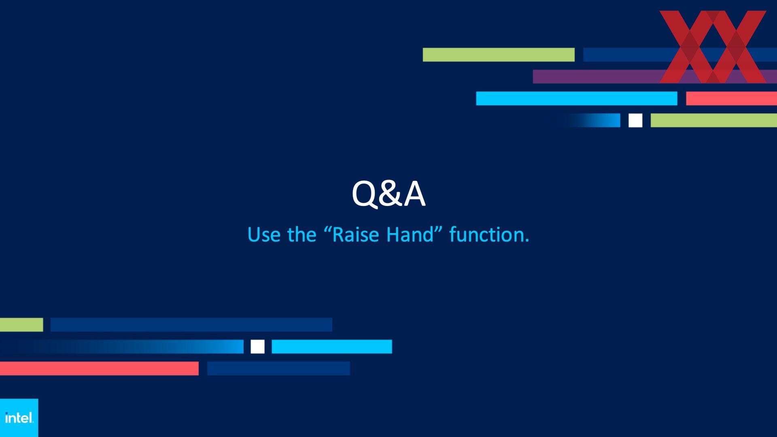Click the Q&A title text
click(388, 194)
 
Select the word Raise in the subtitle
click(356, 235)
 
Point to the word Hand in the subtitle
click(410, 235)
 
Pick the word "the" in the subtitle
click(301, 235)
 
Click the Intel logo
click(19, 418)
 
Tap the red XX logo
click(713, 47)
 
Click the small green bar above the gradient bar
click(21, 325)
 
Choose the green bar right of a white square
click(714, 120)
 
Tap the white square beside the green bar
click(635, 120)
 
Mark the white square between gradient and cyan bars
click(257, 346)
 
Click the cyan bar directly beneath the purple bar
click(577, 98)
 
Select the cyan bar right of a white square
click(332, 346)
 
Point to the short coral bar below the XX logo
click(731, 98)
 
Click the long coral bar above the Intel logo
click(99, 368)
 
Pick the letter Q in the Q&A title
click(365, 195)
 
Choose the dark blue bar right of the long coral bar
click(278, 368)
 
